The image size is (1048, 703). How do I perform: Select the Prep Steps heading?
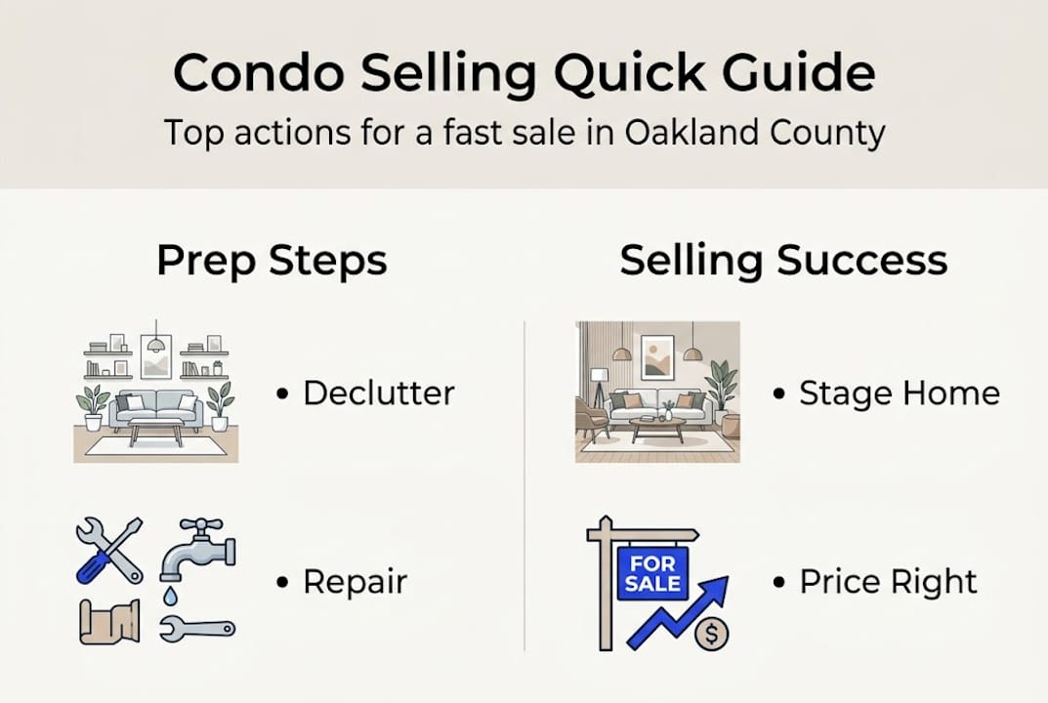[272, 262]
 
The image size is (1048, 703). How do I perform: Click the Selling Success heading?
[783, 262]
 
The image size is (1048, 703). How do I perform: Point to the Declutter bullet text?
[378, 393]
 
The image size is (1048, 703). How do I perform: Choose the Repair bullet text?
[355, 582]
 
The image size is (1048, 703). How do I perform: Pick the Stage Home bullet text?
[899, 393]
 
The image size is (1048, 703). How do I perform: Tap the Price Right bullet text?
[888, 582]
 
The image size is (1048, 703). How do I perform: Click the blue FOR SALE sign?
[652, 573]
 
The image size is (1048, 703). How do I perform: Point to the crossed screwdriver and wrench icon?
[108, 550]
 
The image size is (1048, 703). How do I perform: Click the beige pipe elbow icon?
[109, 621]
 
